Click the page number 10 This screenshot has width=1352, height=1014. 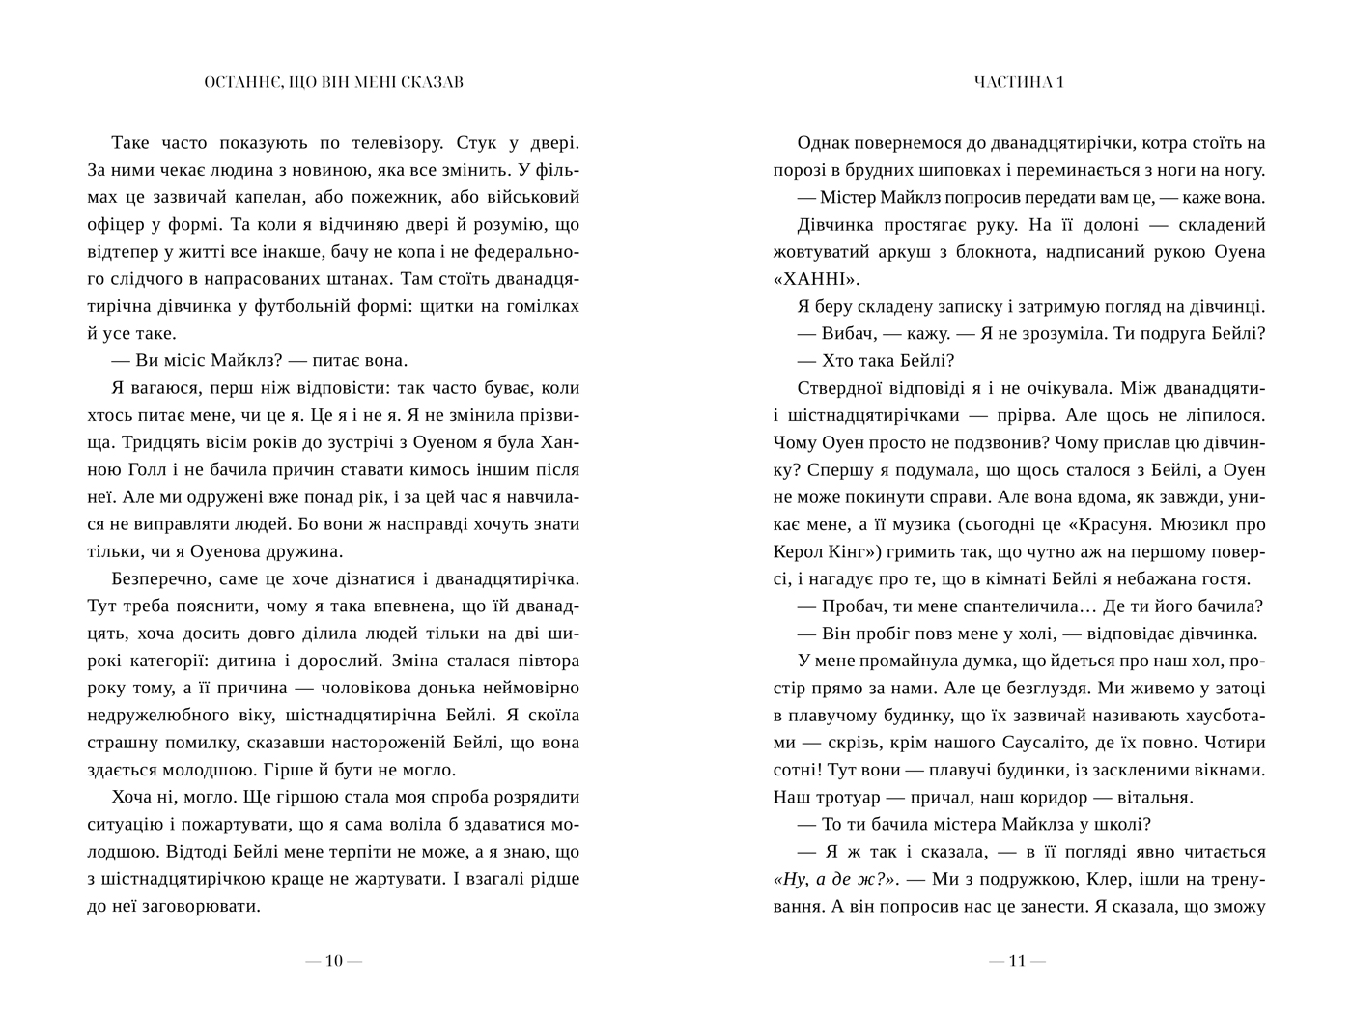[333, 961]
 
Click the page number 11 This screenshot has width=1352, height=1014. [1017, 961]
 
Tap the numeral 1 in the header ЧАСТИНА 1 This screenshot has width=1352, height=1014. [1059, 82]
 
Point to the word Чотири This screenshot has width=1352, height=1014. [1234, 744]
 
